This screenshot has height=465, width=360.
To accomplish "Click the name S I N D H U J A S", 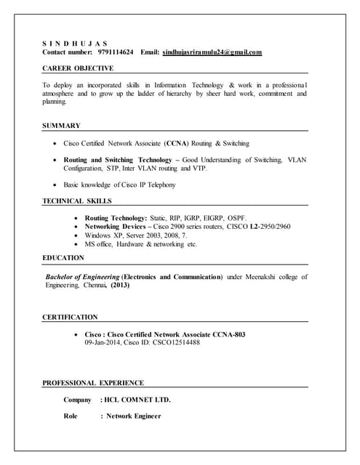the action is tap(74, 42).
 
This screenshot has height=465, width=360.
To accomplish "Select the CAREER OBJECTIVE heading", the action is tap(78, 68).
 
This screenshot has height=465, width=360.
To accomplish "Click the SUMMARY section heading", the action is tap(61, 126).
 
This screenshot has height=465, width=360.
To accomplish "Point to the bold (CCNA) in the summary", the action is tap(177, 143).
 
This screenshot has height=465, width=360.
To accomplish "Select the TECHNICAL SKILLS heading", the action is tap(77, 201).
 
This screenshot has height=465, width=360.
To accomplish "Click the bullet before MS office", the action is tap(77, 244).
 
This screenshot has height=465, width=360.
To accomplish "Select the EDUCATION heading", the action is tap(63, 257).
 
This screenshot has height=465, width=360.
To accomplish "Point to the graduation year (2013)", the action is tap(121, 286).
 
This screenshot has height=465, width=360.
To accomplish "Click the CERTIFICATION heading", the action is tap(70, 318).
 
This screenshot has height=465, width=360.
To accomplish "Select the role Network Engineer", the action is tap(134, 416).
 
